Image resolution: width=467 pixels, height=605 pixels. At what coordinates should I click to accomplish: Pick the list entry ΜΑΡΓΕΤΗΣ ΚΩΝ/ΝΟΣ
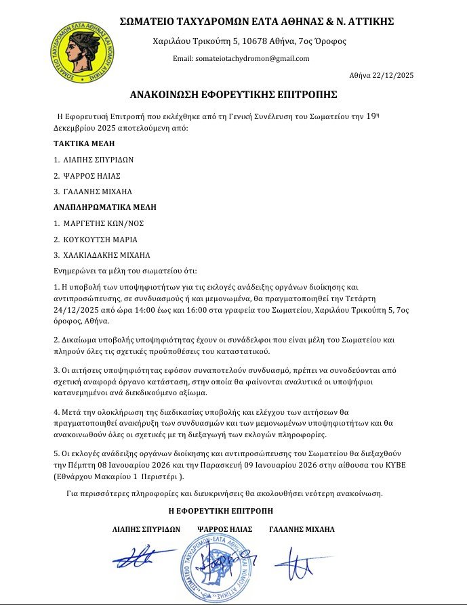point(103,223)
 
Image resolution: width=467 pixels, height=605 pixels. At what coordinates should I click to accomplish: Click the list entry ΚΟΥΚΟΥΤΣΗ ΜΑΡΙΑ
point(100,239)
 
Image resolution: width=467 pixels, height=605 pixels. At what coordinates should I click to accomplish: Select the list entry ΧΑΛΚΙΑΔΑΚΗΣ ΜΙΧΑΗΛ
point(107,255)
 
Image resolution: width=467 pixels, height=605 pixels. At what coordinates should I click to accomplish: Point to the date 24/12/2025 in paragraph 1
point(77,309)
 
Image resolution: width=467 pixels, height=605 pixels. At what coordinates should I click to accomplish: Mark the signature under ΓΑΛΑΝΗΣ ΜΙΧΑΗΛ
point(299,561)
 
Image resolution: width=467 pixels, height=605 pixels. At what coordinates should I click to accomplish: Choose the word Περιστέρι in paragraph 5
point(163,477)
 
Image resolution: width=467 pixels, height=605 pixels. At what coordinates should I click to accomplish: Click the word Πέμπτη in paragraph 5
point(79,467)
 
